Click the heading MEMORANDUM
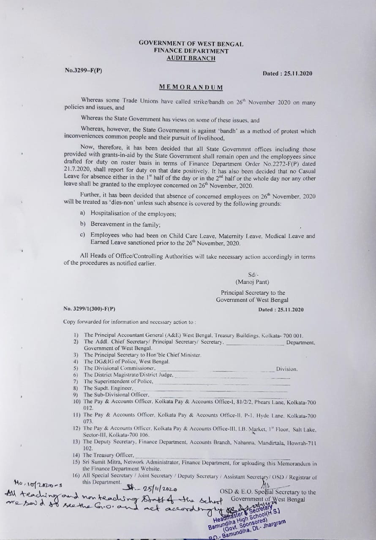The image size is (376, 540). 191,87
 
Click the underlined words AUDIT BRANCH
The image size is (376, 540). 191,58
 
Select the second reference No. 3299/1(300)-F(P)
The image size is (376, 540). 89,309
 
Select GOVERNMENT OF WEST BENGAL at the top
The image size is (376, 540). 191,43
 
